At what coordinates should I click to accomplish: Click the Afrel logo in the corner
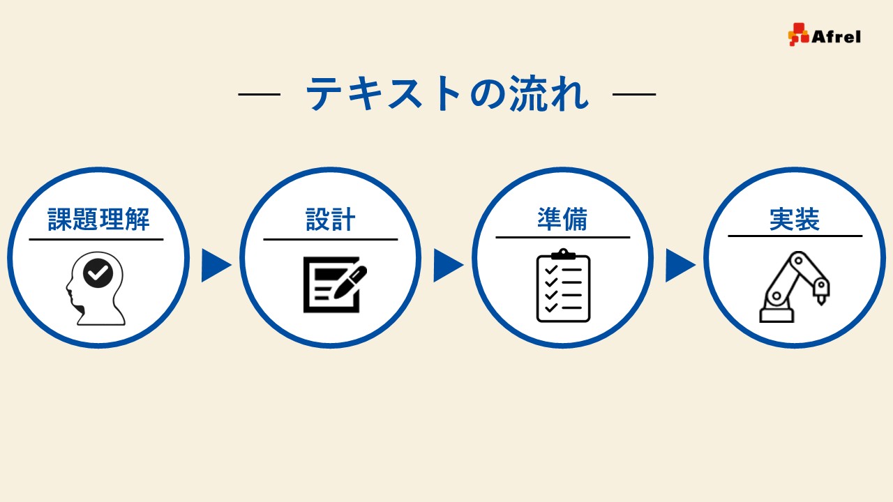[x=824, y=35]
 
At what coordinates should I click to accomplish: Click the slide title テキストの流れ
[x=447, y=94]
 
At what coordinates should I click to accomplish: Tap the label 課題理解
[x=98, y=220]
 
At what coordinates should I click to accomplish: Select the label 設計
[x=331, y=220]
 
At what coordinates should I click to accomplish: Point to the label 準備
[x=562, y=219]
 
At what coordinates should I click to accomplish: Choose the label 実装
[x=795, y=219]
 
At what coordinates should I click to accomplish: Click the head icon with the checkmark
[x=97, y=288]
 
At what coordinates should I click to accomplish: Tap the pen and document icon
[x=334, y=284]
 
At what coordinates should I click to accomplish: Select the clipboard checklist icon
[x=563, y=285]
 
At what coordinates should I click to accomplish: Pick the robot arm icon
[x=794, y=287]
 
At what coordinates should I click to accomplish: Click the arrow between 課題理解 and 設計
[x=215, y=265]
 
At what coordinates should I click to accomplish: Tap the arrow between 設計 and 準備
[x=447, y=265]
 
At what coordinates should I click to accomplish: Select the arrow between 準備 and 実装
[x=679, y=265]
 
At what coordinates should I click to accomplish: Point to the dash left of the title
[x=259, y=94]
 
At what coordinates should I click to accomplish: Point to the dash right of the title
[x=634, y=94]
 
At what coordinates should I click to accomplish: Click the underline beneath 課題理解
[x=96, y=239]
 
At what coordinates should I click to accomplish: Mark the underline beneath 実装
[x=795, y=236]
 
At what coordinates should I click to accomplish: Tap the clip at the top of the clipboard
[x=563, y=254]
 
